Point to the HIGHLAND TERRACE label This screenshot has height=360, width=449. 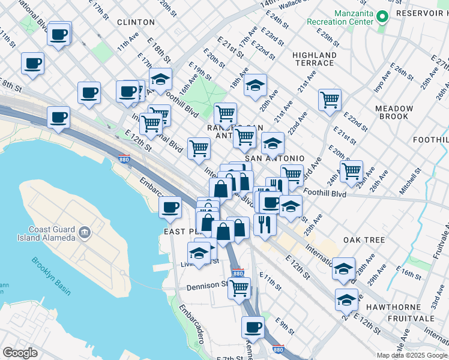tap(314, 59)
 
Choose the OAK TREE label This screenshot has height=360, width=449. tap(364, 239)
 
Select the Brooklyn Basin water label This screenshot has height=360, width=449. tap(51, 276)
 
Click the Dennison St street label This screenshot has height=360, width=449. tap(208, 286)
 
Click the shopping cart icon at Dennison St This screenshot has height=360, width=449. tap(239, 287)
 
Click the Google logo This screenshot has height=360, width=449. tap(20, 353)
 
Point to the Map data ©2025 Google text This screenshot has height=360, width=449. tap(411, 355)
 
